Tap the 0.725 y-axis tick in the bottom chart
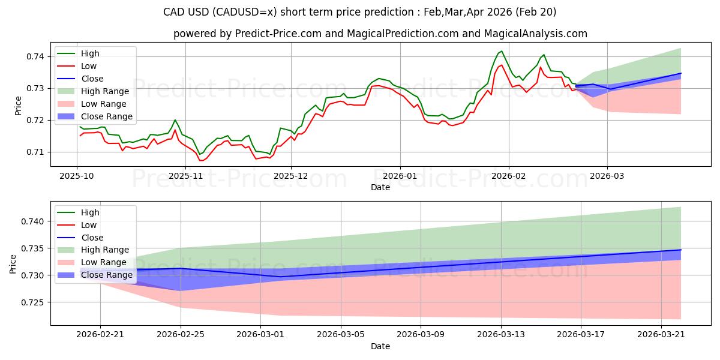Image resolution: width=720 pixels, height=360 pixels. click(x=32, y=302)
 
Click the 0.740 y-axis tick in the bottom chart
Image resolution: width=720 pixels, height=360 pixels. click(x=32, y=221)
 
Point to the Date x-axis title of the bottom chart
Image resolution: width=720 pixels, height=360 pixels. click(x=380, y=346)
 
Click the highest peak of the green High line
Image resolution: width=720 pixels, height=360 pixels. click(x=502, y=51)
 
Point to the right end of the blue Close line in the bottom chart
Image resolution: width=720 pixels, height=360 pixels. click(x=681, y=250)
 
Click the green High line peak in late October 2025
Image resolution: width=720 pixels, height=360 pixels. click(x=175, y=120)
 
